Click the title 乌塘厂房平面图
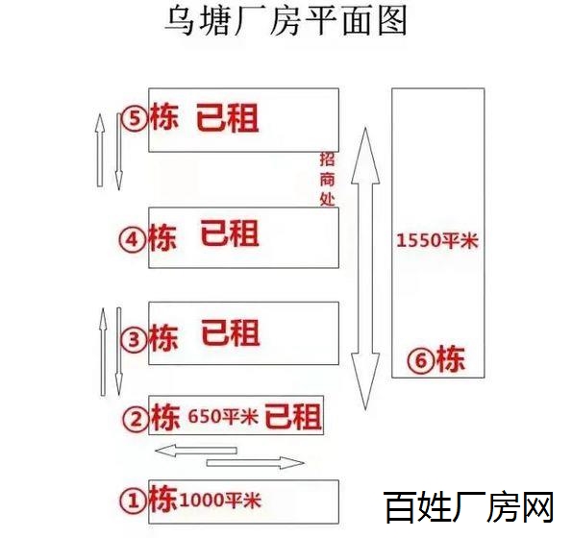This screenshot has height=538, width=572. [286, 21]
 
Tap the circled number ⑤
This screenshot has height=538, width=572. [135, 118]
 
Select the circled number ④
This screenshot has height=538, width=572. [133, 240]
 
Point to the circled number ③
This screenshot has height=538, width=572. [134, 339]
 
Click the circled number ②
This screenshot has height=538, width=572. [137, 419]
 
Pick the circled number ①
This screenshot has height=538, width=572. [134, 501]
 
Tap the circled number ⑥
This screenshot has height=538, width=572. [421, 360]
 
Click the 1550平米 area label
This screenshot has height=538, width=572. [437, 240]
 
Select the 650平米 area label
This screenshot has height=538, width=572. [223, 416]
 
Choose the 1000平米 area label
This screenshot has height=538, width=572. [220, 500]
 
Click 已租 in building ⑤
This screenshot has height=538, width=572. [228, 117]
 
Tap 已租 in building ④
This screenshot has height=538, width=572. [230, 233]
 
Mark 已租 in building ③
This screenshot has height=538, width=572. [231, 332]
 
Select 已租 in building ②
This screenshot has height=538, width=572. [293, 416]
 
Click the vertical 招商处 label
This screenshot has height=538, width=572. [327, 179]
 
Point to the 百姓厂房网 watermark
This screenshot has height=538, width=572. [469, 506]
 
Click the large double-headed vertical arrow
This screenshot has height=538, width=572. [365, 269]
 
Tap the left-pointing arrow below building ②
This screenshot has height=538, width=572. [196, 451]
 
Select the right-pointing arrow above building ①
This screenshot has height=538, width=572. [256, 463]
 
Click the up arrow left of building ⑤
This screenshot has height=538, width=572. [100, 150]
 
